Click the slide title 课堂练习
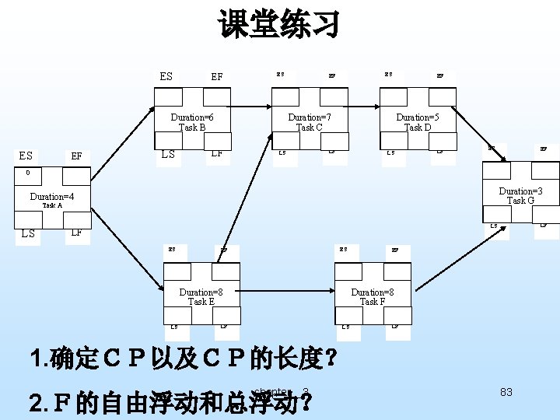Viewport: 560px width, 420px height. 279,25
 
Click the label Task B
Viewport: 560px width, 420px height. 192,128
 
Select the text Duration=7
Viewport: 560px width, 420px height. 310,117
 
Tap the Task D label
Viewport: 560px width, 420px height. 418,128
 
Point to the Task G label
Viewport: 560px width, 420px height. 520,201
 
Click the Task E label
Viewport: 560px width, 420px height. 201,302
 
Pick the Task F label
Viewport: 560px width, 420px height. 372,302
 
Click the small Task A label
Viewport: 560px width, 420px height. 52,206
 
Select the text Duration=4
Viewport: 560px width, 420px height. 51,197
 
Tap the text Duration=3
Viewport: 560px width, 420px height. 520,191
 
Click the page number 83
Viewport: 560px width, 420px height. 506,392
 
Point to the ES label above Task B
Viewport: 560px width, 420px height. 166,76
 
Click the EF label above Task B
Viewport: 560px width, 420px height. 217,77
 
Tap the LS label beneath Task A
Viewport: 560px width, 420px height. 28,233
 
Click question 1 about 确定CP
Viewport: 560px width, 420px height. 184,359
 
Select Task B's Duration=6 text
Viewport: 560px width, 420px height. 192,117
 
